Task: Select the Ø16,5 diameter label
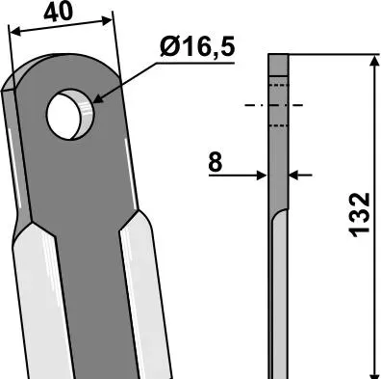[197, 47]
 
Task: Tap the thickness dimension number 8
[215, 162]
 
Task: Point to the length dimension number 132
[361, 215]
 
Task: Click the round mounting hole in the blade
[70, 115]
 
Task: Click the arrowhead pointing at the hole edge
[98, 99]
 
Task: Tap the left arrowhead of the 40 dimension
[15, 32]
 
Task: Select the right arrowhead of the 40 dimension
[107, 21]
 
